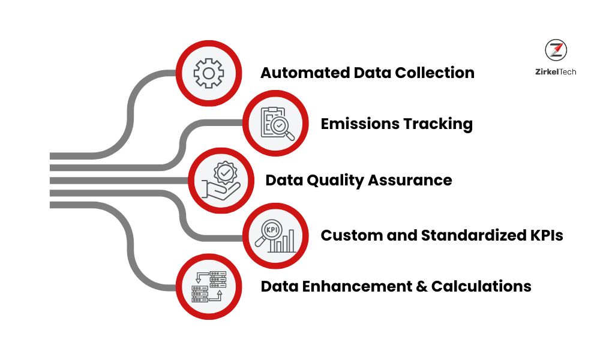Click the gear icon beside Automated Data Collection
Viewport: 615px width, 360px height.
pos(208,73)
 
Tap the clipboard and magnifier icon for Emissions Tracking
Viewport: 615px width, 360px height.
pos(276,124)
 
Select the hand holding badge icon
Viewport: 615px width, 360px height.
pos(222,180)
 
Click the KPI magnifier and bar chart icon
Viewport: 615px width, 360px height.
pos(276,236)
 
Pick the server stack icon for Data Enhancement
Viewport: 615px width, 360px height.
pos(208,286)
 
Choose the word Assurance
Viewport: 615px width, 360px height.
pos(413,180)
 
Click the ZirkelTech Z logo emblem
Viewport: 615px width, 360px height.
pos(556,50)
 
